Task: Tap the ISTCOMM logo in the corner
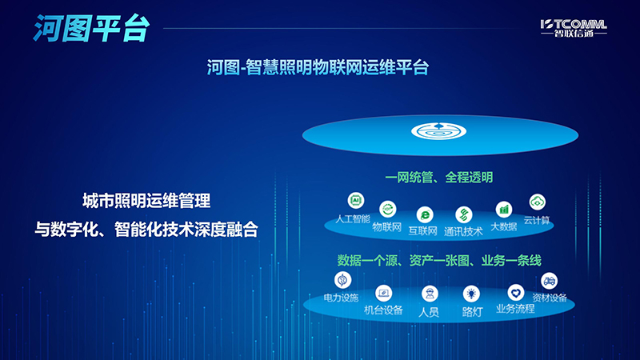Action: tap(572, 29)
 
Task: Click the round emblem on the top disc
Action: tap(432, 131)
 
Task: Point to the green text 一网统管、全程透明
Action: tap(439, 177)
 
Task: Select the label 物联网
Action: tap(388, 226)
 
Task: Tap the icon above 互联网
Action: tap(425, 214)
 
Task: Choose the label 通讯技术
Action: tap(463, 231)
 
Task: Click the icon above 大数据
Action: tap(504, 210)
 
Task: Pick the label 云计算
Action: tap(536, 220)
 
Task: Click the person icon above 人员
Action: tap(429, 293)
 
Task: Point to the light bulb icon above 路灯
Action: tap(471, 294)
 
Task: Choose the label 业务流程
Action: tap(515, 308)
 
